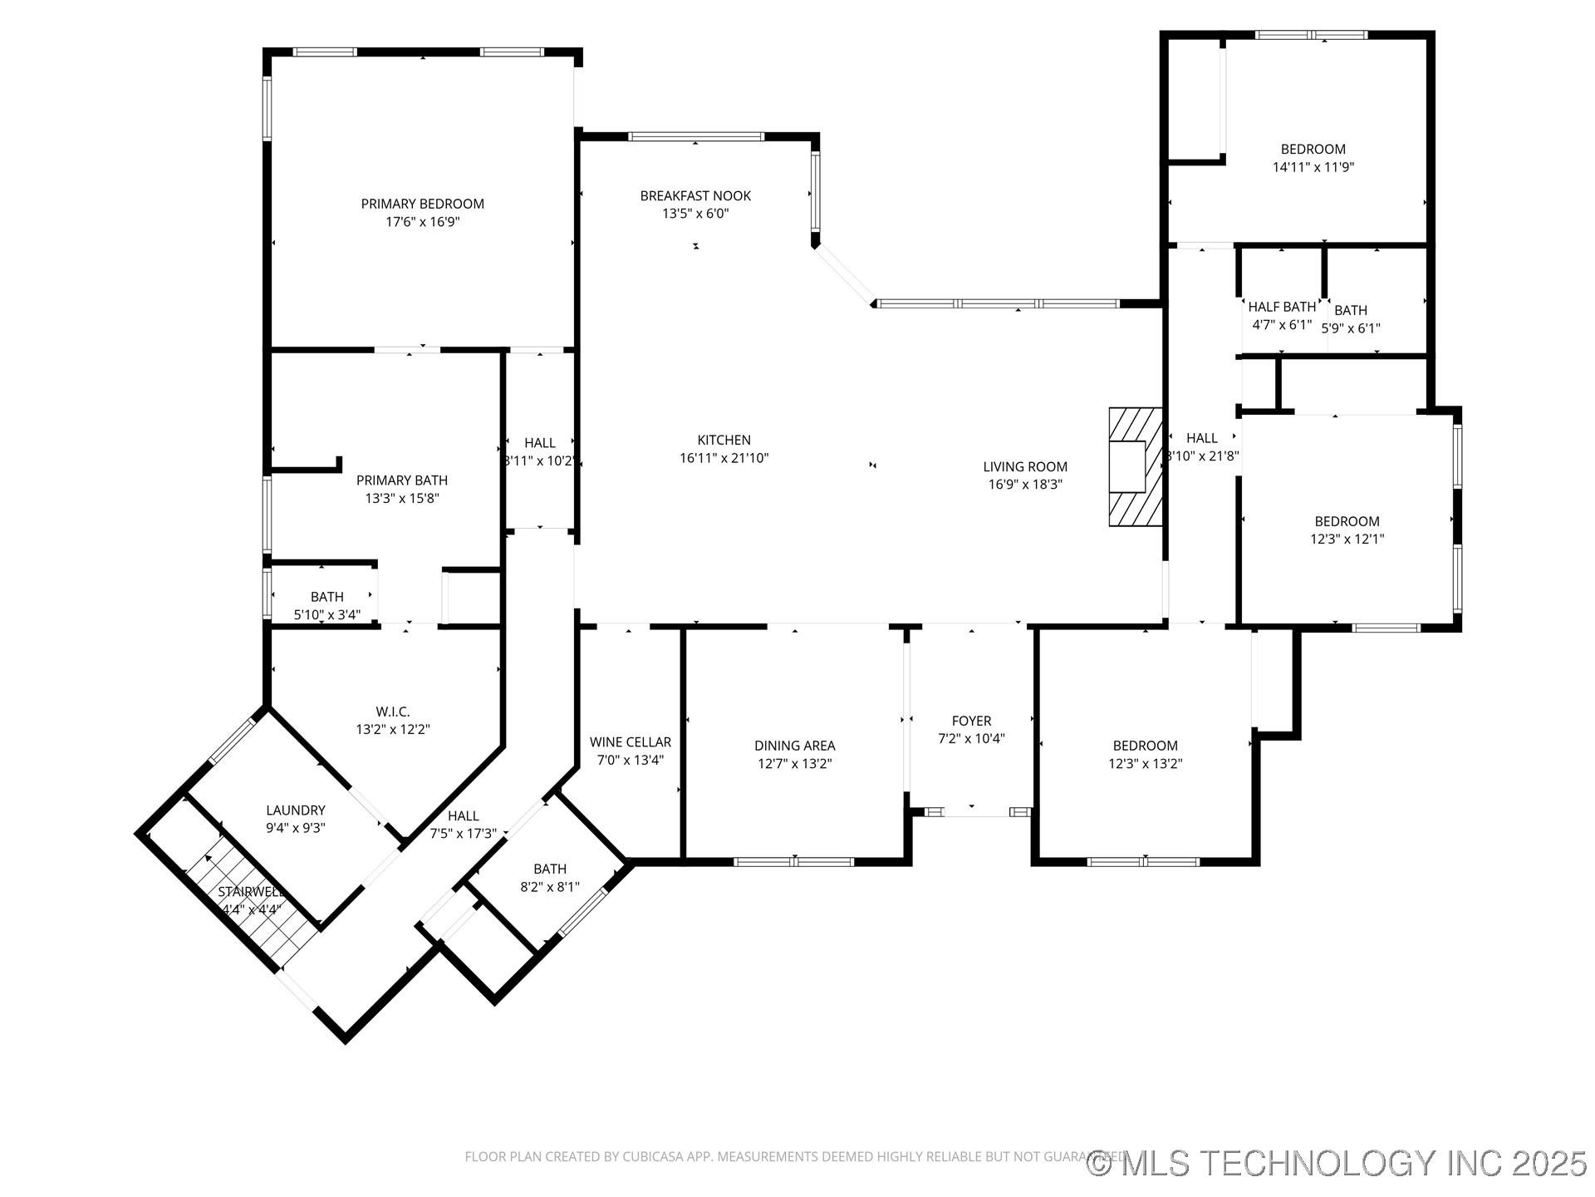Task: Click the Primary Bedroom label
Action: [422, 204]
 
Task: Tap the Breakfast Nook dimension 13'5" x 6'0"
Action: [695, 214]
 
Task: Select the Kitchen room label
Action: [724, 440]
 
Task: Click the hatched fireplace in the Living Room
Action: [1135, 466]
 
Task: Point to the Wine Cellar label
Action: [630, 741]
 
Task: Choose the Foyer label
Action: [971, 721]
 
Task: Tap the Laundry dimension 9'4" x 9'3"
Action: [295, 828]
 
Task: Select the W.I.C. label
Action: [392, 712]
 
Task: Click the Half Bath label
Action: [1281, 307]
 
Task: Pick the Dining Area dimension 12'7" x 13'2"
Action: [794, 763]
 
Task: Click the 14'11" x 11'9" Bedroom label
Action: [1313, 150]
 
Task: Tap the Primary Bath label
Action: [402, 480]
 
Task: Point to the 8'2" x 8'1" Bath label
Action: [550, 869]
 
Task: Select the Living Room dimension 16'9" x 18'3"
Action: [1025, 485]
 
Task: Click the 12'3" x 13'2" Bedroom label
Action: [1145, 746]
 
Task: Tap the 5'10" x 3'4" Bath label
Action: [326, 597]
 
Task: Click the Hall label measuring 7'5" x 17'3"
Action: [463, 816]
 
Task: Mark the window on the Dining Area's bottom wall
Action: [794, 862]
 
